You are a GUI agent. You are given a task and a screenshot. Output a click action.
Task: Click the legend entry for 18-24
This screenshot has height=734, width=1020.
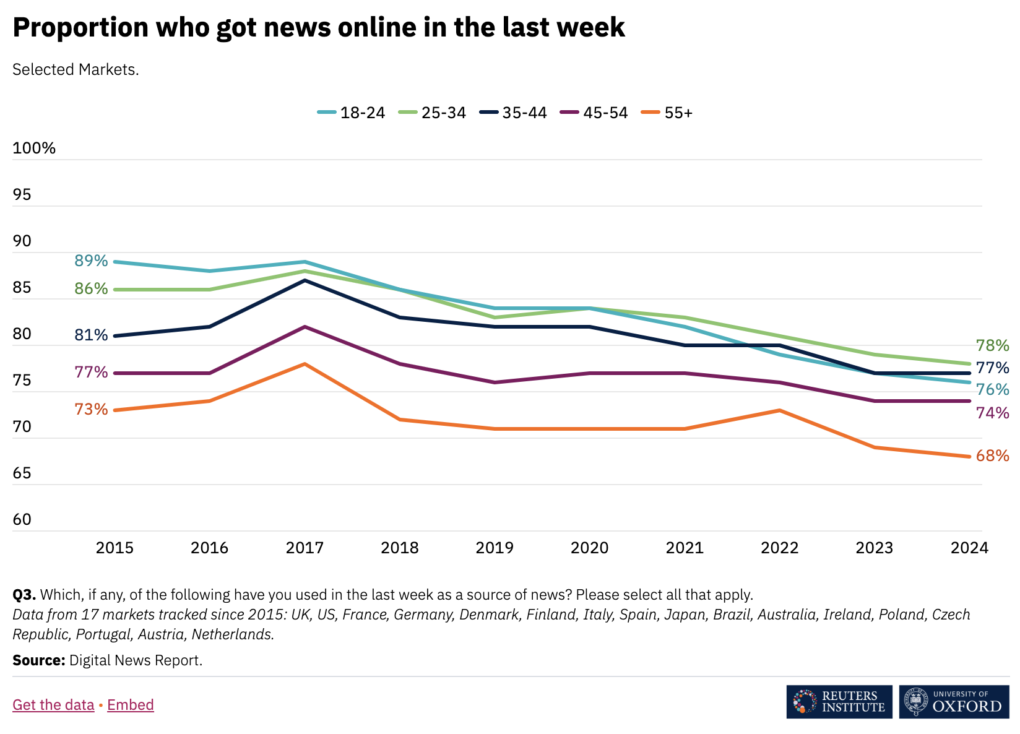352,113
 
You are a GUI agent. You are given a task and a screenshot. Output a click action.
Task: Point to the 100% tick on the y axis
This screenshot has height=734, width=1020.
34,149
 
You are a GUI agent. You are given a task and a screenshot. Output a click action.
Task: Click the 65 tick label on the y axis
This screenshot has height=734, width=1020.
22,473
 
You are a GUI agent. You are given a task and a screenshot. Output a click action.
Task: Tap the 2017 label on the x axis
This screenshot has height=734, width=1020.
305,548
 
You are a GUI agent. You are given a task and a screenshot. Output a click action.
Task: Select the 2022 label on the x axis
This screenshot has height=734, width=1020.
779,548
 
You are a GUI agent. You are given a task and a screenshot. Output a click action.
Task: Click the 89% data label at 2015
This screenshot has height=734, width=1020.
91,261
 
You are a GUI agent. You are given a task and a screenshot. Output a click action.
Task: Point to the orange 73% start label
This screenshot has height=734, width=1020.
91,409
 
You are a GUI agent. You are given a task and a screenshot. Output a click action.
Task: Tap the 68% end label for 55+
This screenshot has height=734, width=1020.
992,456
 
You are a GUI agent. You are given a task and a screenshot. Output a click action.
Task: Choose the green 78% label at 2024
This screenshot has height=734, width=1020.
992,346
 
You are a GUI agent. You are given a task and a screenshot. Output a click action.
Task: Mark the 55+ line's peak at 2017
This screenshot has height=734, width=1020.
305,364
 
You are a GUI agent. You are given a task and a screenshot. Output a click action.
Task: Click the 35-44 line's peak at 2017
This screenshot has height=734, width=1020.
305,280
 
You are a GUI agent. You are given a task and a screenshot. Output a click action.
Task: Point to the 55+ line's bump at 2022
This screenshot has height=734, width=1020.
779,410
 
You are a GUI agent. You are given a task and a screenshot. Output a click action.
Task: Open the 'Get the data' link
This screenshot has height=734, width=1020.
53,705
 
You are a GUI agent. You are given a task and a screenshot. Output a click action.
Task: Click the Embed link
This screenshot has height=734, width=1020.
131,705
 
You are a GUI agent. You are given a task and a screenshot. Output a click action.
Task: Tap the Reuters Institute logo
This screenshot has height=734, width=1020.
839,702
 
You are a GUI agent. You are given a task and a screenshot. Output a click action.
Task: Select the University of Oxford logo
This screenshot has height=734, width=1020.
954,702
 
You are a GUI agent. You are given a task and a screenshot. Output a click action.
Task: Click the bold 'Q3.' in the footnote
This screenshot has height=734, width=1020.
24,595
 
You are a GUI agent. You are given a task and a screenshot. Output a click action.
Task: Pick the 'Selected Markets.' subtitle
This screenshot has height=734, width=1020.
76,69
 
